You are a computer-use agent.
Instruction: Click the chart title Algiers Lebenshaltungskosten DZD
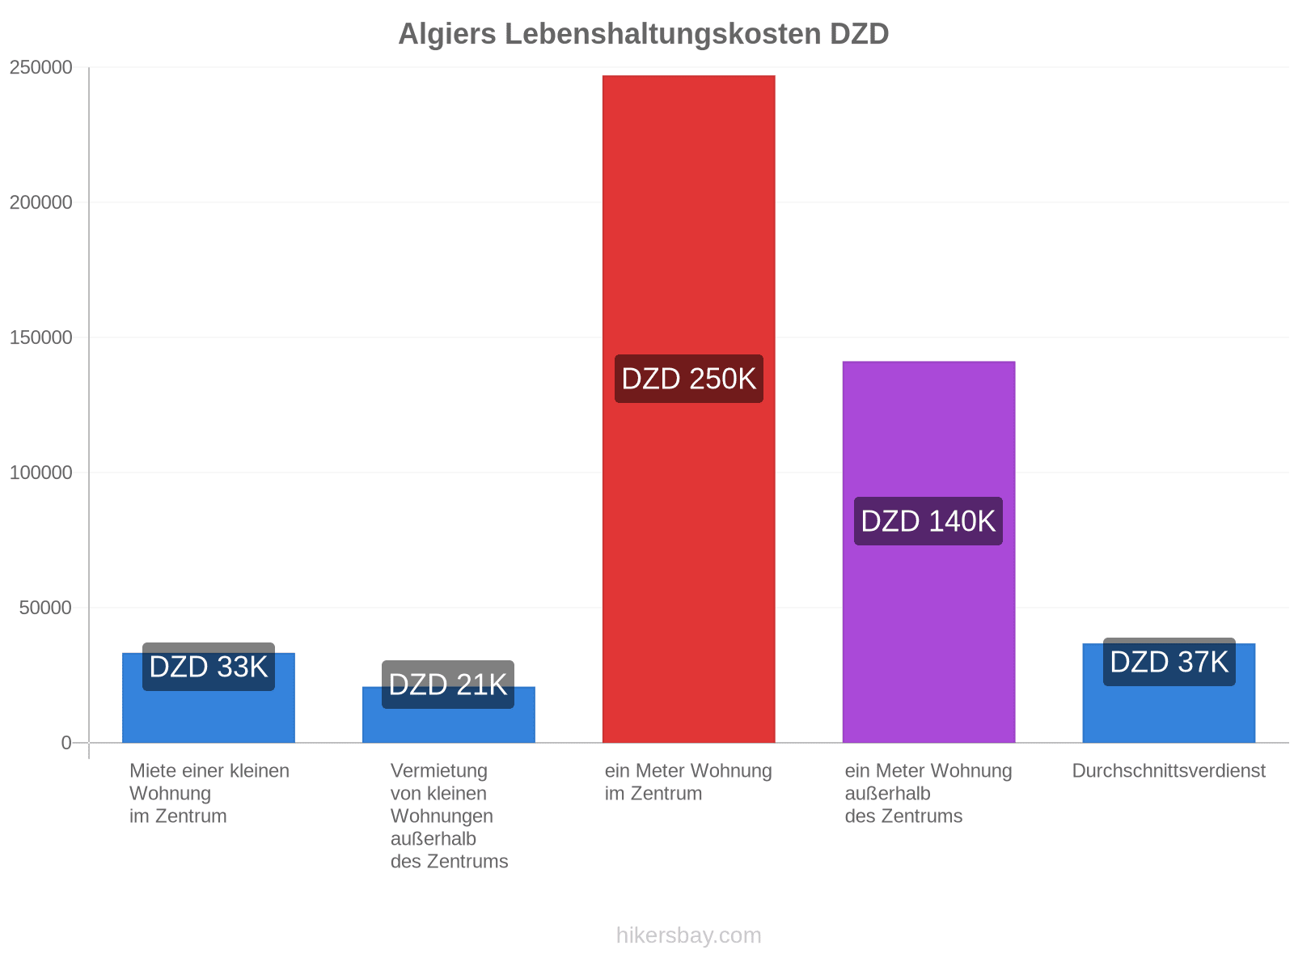point(643,34)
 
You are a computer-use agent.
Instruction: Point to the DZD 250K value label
point(688,379)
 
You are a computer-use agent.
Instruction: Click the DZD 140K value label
point(928,521)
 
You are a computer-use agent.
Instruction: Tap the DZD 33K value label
point(209,667)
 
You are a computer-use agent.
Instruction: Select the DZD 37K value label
point(1169,661)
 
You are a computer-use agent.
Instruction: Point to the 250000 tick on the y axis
point(40,67)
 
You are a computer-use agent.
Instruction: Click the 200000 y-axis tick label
point(40,202)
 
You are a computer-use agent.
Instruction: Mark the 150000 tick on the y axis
point(40,337)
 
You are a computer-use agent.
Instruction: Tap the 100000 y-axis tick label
point(40,473)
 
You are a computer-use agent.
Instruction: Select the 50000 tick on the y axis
point(45,607)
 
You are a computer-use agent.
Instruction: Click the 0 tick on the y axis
point(66,742)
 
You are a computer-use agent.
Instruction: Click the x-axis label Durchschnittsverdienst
point(1169,770)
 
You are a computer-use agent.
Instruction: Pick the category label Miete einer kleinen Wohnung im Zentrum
point(209,793)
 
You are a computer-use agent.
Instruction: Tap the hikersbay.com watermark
point(688,935)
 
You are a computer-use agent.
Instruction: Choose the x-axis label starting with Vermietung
point(449,816)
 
